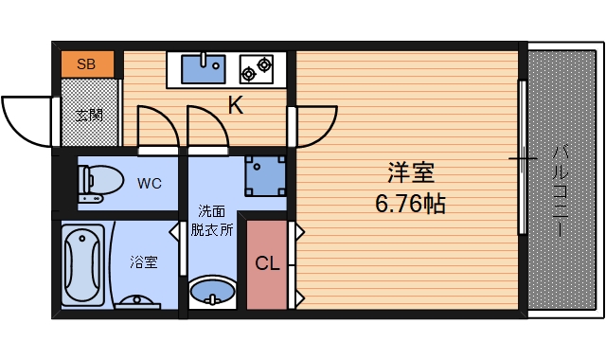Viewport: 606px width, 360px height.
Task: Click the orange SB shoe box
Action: point(87,65)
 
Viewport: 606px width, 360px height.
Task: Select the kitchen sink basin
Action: point(201,69)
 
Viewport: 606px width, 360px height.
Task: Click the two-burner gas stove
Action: point(256,66)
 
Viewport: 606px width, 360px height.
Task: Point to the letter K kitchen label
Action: point(235,105)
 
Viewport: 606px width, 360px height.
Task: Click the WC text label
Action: point(150,181)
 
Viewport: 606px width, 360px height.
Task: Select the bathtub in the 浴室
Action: point(85,263)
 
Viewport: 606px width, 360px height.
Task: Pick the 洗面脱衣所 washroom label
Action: point(211,220)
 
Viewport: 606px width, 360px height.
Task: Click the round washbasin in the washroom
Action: point(212,291)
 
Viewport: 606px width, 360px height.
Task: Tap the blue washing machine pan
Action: point(264,174)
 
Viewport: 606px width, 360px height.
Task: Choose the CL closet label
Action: point(267,264)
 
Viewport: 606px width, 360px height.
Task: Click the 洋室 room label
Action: point(410,174)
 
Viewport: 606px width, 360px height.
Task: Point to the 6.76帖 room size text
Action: point(410,203)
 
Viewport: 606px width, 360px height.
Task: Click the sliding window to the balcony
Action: point(521,157)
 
